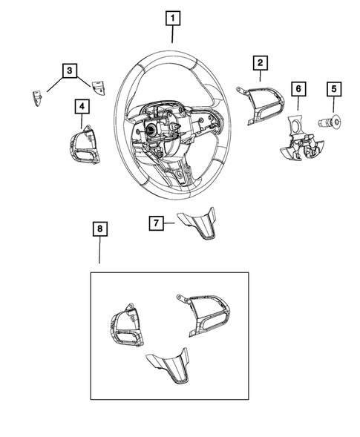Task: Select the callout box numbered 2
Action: [260, 64]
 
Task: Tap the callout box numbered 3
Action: [69, 71]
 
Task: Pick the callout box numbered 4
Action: [82, 108]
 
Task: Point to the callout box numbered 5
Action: [333, 90]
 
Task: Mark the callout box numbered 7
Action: [155, 221]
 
